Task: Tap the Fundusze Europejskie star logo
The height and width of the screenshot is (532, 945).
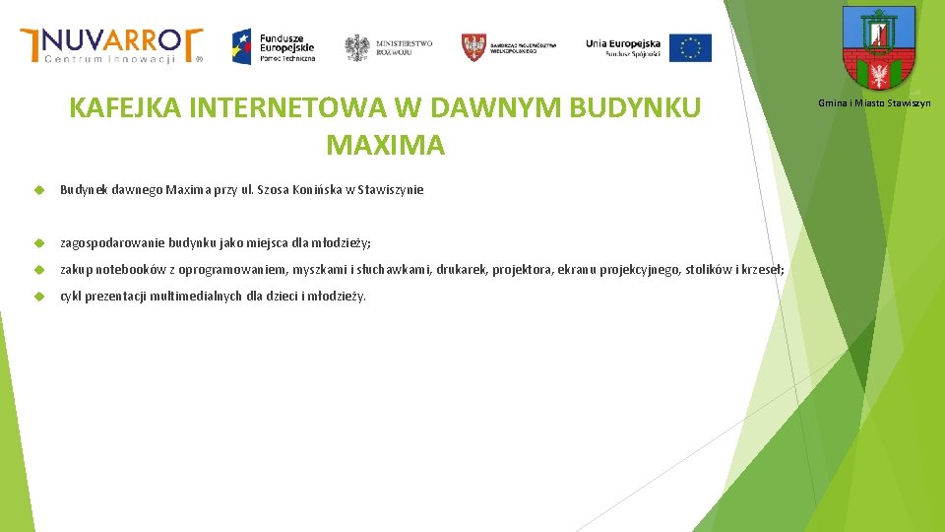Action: [242, 45]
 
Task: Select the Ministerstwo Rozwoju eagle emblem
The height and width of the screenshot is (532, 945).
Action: [356, 47]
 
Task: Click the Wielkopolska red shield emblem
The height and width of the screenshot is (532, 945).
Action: [474, 47]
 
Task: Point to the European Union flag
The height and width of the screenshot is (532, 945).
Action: [690, 47]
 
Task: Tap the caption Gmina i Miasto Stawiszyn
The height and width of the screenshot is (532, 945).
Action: [874, 103]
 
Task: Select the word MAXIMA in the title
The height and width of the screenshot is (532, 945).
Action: [385, 146]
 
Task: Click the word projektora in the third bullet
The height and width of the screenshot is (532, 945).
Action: [525, 270]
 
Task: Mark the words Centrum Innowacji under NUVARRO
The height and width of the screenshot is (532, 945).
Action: [110, 59]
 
